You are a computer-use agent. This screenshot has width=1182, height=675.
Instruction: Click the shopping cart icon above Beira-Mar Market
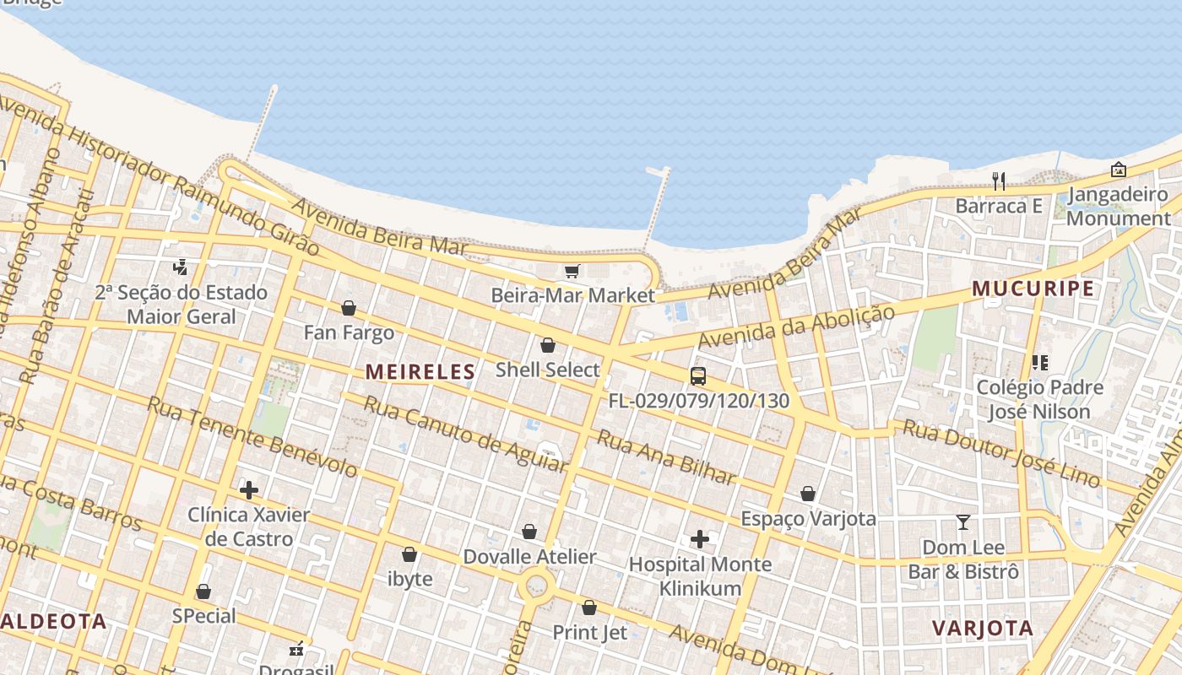coord(572,271)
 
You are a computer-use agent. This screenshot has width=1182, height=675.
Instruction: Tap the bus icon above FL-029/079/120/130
coord(698,376)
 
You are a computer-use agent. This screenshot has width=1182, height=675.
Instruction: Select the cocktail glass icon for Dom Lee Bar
coord(963,522)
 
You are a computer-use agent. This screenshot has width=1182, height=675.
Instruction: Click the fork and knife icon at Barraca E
coord(999,181)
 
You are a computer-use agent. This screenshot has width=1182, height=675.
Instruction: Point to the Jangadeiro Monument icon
coord(1119,170)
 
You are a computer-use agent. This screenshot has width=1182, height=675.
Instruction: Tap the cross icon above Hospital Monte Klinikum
coord(700,539)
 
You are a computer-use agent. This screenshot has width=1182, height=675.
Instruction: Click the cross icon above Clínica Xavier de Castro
coord(249,489)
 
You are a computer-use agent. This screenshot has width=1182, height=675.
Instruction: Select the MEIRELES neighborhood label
coord(420,371)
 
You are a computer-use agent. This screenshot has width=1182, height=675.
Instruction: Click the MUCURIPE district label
coord(1033,289)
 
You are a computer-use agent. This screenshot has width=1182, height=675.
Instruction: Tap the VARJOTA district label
coord(983,628)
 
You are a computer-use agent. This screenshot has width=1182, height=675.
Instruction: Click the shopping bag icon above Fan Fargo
coord(349,308)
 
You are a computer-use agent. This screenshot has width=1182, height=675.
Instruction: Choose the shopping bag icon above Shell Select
coord(548,345)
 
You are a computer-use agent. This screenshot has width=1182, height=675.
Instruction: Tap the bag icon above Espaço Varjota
coord(808,494)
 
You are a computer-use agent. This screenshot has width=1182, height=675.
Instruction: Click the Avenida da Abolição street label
coord(796,327)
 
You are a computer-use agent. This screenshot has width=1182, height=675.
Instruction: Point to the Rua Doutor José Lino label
coord(1001,453)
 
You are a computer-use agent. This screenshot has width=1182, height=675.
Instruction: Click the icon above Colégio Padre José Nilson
coord(1040,363)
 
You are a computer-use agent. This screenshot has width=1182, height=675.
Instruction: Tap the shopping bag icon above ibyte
coord(409,554)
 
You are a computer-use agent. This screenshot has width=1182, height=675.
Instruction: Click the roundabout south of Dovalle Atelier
coord(535,584)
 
